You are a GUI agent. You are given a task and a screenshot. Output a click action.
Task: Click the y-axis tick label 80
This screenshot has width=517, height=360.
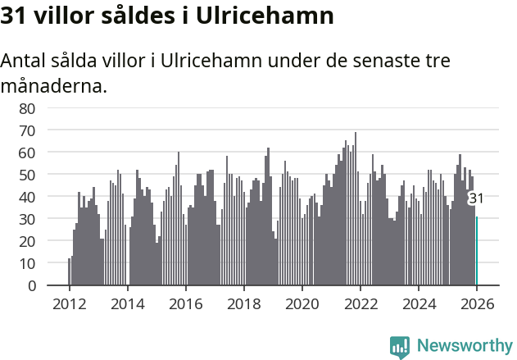[x=27, y=108]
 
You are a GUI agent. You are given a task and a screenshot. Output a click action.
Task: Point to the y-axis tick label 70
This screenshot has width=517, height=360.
[x=27, y=130]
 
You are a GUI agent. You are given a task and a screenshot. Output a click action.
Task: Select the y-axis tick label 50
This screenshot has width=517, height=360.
[x=27, y=175]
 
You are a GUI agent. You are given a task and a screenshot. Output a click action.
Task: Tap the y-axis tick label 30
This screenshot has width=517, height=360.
[x=27, y=219]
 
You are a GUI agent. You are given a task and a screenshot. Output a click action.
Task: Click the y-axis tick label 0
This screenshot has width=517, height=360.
[x=31, y=285]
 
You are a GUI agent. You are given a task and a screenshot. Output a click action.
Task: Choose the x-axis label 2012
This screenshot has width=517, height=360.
[x=69, y=303]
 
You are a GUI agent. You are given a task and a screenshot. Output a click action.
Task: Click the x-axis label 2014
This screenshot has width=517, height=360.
[x=127, y=303]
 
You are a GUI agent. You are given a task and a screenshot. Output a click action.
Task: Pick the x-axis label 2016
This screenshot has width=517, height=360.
[x=185, y=303]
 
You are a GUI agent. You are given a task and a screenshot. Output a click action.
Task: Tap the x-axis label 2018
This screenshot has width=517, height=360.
[x=243, y=303]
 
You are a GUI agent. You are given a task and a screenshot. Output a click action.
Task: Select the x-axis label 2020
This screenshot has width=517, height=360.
[x=302, y=303]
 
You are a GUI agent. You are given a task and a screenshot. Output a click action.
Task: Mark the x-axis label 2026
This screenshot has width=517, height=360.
[x=476, y=303]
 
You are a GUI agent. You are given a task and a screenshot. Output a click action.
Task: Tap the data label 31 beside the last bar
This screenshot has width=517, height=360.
[x=476, y=198]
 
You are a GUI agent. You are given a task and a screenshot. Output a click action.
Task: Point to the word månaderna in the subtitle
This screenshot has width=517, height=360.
[x=54, y=84]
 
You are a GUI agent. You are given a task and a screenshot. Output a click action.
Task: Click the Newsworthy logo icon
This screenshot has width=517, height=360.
[x=400, y=347]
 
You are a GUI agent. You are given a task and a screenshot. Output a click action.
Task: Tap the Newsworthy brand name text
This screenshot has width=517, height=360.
[x=464, y=346]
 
